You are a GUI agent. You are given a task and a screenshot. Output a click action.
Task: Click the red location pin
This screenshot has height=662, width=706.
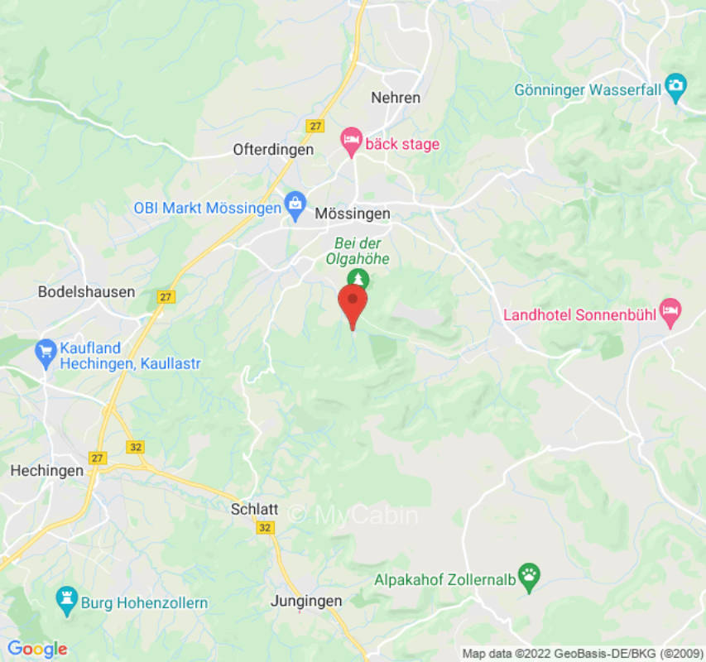pos(353,303)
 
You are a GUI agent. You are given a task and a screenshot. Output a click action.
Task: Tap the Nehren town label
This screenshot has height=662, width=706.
pos(396,98)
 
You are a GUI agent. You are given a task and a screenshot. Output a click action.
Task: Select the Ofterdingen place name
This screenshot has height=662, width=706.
pos(273,150)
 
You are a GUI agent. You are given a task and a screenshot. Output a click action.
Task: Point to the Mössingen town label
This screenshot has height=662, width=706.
pos(352,213)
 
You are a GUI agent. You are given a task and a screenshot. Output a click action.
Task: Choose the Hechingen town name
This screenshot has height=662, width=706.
pos(46,470)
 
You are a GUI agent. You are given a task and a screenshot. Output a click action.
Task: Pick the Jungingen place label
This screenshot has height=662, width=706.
pos(305,602)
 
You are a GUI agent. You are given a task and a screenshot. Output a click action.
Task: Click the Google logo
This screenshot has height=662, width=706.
pos(37,649)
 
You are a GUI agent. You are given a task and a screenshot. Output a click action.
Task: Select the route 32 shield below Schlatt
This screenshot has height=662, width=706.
pos(264,528)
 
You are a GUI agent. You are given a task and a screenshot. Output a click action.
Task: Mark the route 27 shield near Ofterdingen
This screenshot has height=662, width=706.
pos(315,126)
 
